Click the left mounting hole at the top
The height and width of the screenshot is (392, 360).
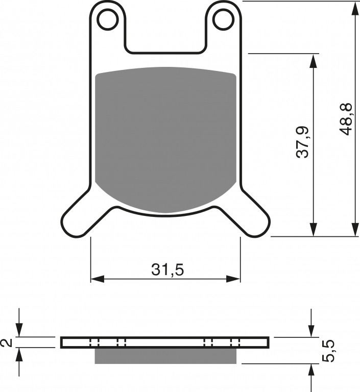108,19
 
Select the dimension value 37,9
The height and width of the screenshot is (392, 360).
303,142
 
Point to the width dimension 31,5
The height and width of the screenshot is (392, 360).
167,269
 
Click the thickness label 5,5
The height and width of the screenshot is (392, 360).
328,351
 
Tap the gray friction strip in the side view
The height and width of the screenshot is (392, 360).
165,356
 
